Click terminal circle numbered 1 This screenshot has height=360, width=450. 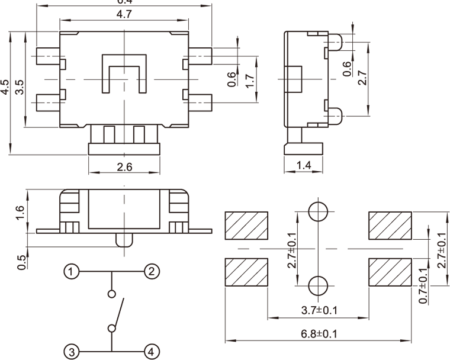(x=71, y=272)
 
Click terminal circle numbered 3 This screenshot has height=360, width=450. (x=71, y=352)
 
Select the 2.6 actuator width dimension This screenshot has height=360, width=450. (x=124, y=168)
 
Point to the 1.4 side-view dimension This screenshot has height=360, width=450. (x=303, y=166)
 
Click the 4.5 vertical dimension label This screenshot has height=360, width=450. (x=5, y=88)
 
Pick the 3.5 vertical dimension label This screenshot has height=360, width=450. (x=19, y=88)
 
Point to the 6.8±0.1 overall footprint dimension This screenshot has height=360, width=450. (x=319, y=335)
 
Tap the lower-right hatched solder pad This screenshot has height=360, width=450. (x=390, y=272)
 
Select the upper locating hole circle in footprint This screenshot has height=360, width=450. (x=319, y=211)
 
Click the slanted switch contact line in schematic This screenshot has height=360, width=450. (x=118, y=311)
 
